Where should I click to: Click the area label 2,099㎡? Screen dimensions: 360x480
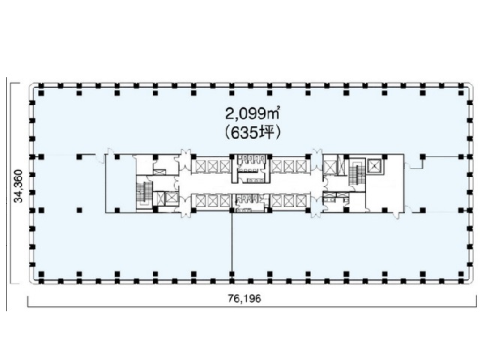(247, 115)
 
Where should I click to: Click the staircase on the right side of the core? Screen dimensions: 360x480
(355, 173)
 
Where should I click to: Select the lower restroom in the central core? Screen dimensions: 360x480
(246, 203)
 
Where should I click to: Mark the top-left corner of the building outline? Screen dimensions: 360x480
(30, 82)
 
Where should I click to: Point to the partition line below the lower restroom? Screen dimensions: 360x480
(232, 247)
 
